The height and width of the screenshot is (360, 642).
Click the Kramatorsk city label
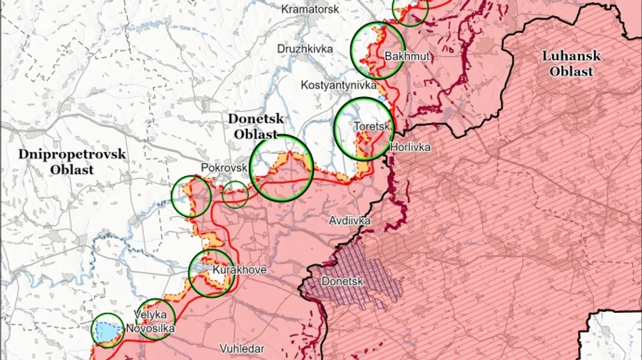pyautogui.click(x=311, y=9)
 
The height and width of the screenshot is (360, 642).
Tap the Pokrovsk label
pyautogui.click(x=224, y=167)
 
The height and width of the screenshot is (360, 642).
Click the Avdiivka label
pyautogui.click(x=350, y=221)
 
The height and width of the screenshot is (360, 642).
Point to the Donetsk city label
pyautogui.click(x=342, y=282)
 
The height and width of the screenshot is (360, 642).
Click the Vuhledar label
pyautogui.click(x=243, y=349)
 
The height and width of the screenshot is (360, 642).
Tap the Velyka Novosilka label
pyautogui.click(x=150, y=322)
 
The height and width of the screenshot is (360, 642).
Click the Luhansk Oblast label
pyautogui.click(x=571, y=63)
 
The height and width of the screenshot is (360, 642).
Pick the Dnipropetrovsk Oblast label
pyautogui.click(x=72, y=161)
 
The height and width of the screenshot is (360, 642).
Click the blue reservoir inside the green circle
pyautogui.click(x=106, y=331)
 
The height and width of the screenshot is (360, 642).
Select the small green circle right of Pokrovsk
pyautogui.click(x=235, y=195)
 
